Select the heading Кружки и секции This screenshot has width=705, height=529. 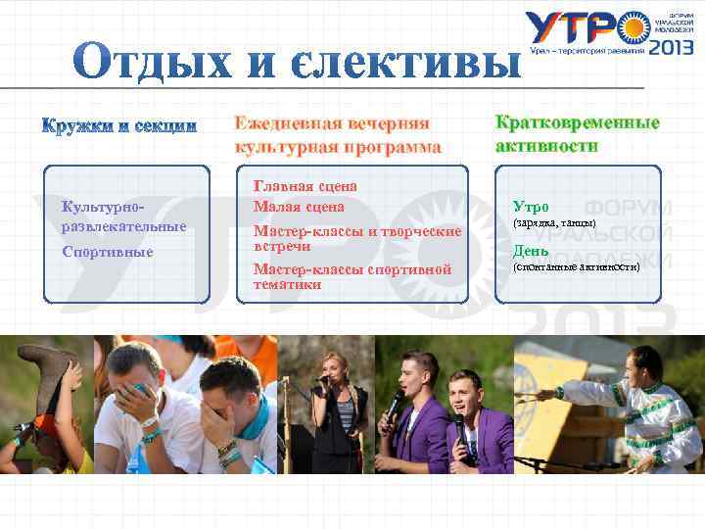118,126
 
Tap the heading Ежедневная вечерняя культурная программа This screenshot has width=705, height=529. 337,135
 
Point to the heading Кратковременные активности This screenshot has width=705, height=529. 577,134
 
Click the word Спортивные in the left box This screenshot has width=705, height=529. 107,252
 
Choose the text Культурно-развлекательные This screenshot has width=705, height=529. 122,216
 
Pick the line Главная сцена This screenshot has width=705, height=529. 305,185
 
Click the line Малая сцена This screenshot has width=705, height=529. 299,207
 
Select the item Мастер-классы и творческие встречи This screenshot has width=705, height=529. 356,239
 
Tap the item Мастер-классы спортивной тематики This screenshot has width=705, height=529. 352,276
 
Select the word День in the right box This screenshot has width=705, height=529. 531,251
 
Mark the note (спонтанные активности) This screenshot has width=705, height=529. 577,266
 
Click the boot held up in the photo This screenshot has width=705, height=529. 54,377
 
